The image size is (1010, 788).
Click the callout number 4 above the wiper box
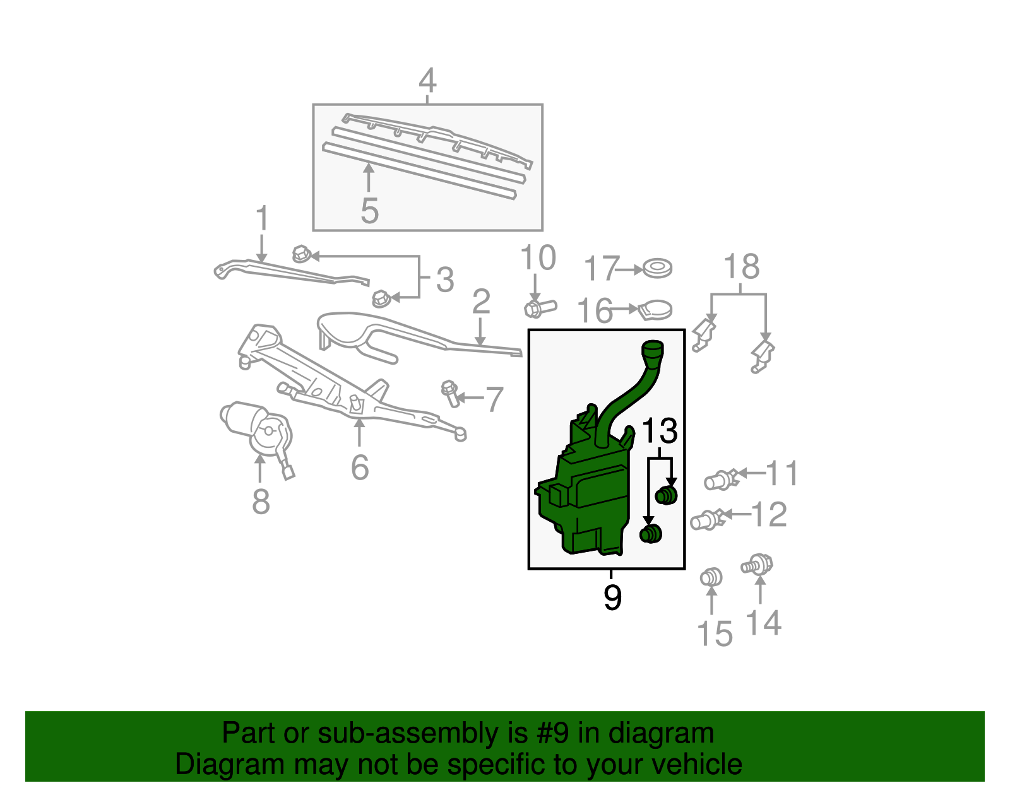[x=427, y=81]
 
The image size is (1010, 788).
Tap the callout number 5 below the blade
[x=369, y=211]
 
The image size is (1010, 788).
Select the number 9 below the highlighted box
[x=612, y=597]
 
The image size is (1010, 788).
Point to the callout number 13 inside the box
[x=659, y=432]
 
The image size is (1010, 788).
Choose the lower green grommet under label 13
[x=650, y=534]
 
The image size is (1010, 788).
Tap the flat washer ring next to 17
[x=657, y=269]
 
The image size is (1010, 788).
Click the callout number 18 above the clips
[x=741, y=267]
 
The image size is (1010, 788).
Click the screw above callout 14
[x=757, y=563]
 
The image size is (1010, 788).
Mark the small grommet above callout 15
[x=711, y=577]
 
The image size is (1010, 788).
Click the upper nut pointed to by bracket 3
[x=301, y=254]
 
